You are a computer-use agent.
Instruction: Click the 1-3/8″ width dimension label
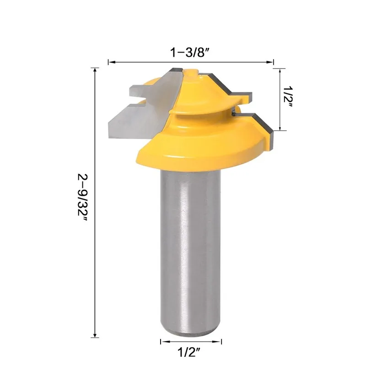(190, 52)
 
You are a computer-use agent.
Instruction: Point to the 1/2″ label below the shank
(191, 353)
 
